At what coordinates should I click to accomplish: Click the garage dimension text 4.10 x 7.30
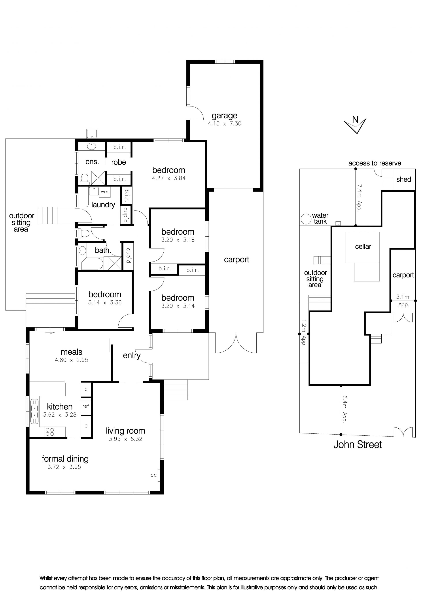click(x=224, y=124)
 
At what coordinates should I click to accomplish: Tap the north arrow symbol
click(x=355, y=125)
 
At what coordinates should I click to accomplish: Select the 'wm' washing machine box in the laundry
click(x=104, y=192)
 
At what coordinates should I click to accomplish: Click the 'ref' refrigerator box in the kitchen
click(x=85, y=406)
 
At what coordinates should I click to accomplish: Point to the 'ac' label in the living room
click(x=154, y=475)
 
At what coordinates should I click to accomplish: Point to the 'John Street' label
click(x=357, y=444)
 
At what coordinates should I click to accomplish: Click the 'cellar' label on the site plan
click(x=363, y=247)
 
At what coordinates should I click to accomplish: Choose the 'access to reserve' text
click(x=375, y=163)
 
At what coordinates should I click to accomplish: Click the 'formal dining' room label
click(x=65, y=459)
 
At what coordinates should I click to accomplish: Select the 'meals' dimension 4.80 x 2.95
click(x=71, y=360)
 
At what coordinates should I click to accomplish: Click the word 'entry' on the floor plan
click(x=132, y=356)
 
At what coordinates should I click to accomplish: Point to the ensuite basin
click(x=91, y=146)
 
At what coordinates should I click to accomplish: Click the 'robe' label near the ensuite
click(x=119, y=162)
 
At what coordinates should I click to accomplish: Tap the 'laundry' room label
click(x=103, y=205)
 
